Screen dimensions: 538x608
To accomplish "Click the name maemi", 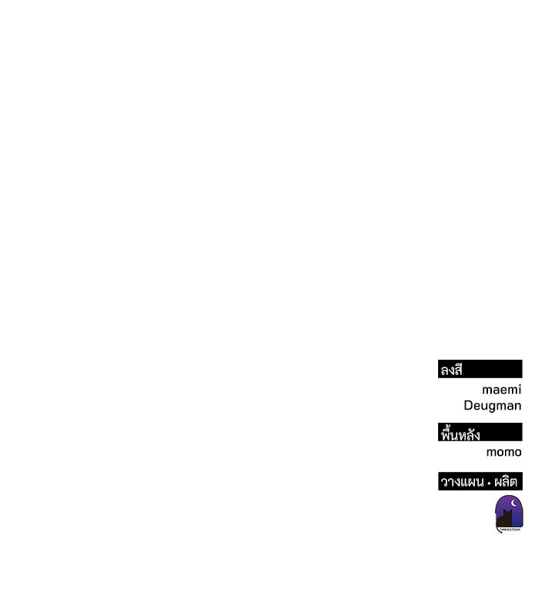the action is point(502,389).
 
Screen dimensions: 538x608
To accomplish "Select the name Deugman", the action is point(492,406).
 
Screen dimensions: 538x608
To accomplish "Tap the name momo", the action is point(504,452).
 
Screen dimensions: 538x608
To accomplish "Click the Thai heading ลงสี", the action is point(452,370).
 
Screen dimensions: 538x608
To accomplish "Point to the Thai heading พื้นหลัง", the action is point(460,434).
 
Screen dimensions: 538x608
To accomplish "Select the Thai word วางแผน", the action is point(462,482).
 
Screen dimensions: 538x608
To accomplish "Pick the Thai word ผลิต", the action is point(506,481).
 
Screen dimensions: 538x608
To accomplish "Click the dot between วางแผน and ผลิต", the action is point(489,483).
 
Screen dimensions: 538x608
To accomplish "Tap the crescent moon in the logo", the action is point(514,503).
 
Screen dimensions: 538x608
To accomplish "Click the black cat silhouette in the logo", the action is point(505,519).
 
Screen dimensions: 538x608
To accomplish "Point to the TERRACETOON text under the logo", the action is point(510,530).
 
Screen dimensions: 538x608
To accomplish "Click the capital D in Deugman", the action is point(468,405).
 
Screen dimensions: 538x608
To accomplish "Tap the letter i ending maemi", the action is point(520,389).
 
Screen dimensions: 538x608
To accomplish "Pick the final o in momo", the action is point(517,453).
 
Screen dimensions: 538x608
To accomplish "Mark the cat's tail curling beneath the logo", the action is point(497,530).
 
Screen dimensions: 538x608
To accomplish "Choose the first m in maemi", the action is point(488,390).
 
